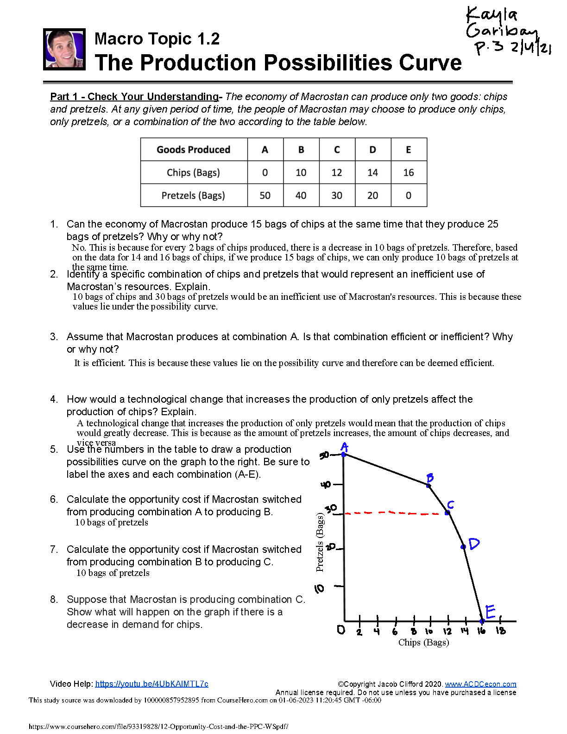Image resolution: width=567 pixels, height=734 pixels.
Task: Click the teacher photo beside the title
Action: pyautogui.click(x=64, y=49)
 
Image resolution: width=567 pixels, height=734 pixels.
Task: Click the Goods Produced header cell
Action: pyautogui.click(x=193, y=150)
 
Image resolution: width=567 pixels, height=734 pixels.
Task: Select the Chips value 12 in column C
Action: pyautogui.click(x=337, y=173)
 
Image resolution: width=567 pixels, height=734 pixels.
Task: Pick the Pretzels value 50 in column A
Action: pyautogui.click(x=265, y=196)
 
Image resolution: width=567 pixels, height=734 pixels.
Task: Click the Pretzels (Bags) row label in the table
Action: pyautogui.click(x=193, y=196)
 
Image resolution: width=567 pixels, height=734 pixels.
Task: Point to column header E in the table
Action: pyautogui.click(x=408, y=150)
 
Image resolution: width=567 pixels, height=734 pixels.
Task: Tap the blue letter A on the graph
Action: pyautogui.click(x=344, y=447)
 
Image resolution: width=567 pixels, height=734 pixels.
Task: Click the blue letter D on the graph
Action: pyautogui.click(x=474, y=544)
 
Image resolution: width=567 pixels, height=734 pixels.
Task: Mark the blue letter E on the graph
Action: pyautogui.click(x=490, y=612)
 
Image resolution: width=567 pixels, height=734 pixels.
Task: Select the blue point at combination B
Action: pyautogui.click(x=429, y=485)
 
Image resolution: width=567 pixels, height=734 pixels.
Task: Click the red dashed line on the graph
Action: pyautogui.click(x=394, y=513)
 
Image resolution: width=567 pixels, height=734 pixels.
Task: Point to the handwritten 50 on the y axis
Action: pyautogui.click(x=324, y=455)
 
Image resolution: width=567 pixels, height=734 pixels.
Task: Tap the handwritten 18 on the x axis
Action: pyautogui.click(x=501, y=631)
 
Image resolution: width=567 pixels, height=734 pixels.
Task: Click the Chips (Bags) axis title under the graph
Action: pyautogui.click(x=423, y=642)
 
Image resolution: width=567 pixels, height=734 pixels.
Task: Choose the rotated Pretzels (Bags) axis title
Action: pyautogui.click(x=320, y=542)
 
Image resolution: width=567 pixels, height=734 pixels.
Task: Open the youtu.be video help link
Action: pyautogui.click(x=151, y=684)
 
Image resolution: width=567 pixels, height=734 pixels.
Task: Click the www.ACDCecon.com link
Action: pyautogui.click(x=480, y=684)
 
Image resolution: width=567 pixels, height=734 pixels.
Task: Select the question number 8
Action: pyautogui.click(x=54, y=600)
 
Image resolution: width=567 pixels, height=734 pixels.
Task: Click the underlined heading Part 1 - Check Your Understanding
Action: pyautogui.click(x=134, y=97)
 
